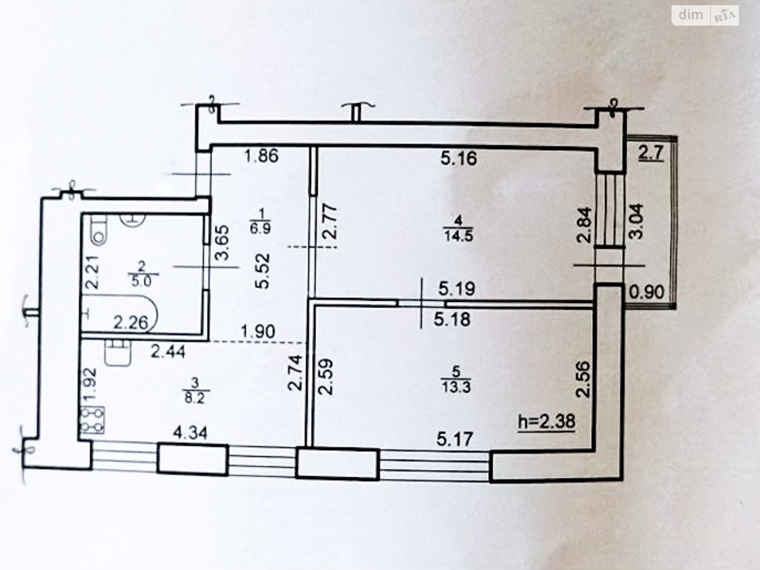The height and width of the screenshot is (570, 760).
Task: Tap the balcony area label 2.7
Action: (x=650, y=154)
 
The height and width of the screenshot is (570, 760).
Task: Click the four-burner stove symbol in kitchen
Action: (x=92, y=420)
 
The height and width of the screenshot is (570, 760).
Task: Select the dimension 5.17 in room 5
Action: (x=455, y=438)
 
